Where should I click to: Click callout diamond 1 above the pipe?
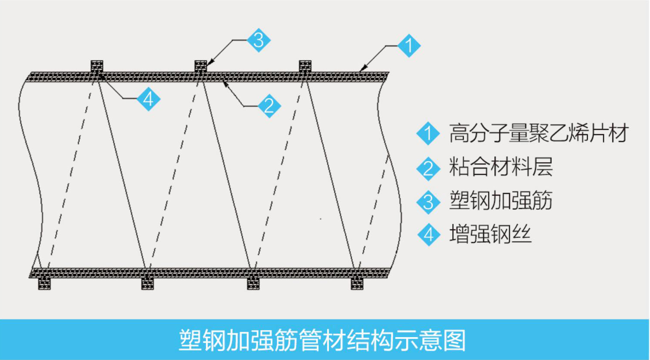tap(409, 45)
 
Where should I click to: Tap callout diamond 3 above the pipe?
tap(258, 40)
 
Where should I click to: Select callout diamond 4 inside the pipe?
tap(148, 99)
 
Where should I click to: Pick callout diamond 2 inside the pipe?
tap(269, 106)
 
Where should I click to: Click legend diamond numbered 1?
tap(428, 133)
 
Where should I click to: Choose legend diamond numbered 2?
tap(428, 169)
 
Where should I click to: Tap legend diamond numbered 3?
tap(428, 202)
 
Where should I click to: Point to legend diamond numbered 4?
tap(428, 235)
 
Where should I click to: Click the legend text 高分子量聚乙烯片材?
tap(539, 133)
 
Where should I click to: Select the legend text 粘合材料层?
tap(501, 167)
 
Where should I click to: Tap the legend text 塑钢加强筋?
tap(501, 200)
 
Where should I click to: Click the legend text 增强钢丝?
tap(490, 234)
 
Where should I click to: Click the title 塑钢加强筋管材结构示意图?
tap(322, 340)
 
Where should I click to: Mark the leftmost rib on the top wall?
tap(97, 66)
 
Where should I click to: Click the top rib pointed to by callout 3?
tap(201, 66)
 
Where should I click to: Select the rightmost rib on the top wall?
tap(305, 66)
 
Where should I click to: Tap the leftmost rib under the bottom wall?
tap(45, 284)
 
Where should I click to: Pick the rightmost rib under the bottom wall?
tap(357, 284)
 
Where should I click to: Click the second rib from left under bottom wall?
tap(148, 284)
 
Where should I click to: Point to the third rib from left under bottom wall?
tap(253, 284)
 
